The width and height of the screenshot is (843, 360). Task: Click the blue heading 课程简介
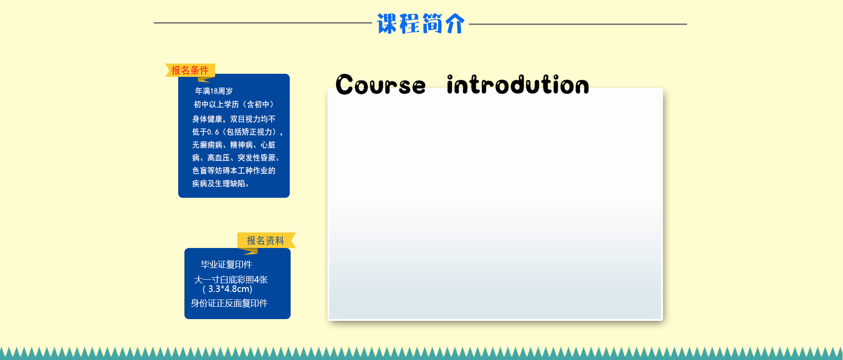tap(420, 24)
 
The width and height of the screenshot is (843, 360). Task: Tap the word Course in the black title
tap(380, 85)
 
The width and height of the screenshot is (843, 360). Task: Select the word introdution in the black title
tap(518, 84)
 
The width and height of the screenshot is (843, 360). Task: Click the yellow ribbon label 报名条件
tap(190, 70)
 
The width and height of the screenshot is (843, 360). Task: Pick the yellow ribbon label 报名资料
tap(265, 240)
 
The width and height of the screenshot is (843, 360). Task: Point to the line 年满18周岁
tap(214, 91)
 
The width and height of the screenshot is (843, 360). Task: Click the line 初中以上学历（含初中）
tap(234, 104)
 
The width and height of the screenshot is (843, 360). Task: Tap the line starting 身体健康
tap(234, 119)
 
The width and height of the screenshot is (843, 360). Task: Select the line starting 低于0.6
tap(237, 132)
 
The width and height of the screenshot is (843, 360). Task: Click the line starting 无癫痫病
tap(234, 145)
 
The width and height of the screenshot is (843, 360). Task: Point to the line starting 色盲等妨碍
tap(234, 171)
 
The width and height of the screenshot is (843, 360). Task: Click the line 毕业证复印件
tap(227, 264)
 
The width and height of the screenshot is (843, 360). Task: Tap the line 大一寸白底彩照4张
tap(231, 280)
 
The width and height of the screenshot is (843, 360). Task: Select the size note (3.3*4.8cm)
tap(228, 289)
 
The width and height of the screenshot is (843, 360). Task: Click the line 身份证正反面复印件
tap(229, 303)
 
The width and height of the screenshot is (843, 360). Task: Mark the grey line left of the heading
tap(262, 23)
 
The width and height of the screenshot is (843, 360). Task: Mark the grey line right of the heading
tap(578, 24)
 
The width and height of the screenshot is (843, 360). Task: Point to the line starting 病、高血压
tap(236, 158)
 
